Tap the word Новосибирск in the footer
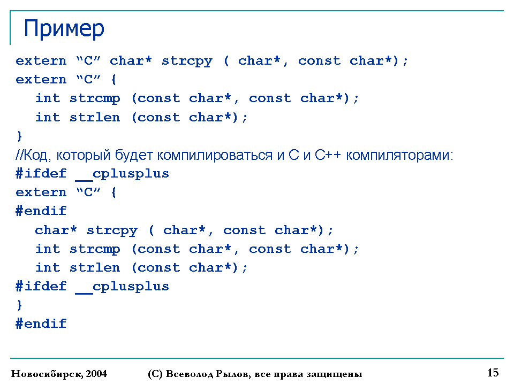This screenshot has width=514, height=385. click(x=48, y=374)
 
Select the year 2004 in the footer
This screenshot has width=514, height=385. click(x=97, y=374)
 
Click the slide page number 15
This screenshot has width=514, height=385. click(x=493, y=373)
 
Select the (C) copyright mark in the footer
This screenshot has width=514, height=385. click(x=155, y=374)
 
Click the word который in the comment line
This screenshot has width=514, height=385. click(x=84, y=155)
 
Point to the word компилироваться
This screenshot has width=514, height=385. click(x=215, y=155)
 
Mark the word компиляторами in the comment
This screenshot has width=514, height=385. click(x=399, y=155)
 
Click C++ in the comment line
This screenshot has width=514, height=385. click(x=328, y=155)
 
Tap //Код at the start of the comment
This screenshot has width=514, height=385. click(x=33, y=155)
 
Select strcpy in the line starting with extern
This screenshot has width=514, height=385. click(x=187, y=61)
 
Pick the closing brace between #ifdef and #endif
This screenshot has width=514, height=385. click(x=20, y=305)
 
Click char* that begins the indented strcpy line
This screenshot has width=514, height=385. click(x=56, y=230)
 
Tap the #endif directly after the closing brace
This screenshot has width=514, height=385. click(x=41, y=324)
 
